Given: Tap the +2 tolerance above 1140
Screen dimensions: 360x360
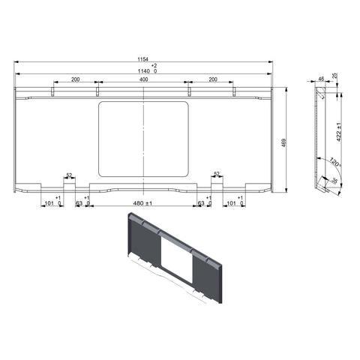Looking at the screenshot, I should pyautogui.click(x=154, y=66).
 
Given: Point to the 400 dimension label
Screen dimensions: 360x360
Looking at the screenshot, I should pyautogui.click(x=143, y=79).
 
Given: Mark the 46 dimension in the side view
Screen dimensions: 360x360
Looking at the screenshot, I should pyautogui.click(x=321, y=78).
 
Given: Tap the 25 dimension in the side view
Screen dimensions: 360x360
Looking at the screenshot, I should pyautogui.click(x=334, y=76).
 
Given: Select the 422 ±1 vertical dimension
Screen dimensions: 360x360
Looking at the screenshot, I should pyautogui.click(x=339, y=131).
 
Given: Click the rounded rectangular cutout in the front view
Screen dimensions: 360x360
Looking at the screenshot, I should pyautogui.click(x=143, y=139).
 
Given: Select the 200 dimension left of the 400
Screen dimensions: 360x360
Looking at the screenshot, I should pyautogui.click(x=76, y=79).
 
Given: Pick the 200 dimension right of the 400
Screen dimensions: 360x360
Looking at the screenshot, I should pyautogui.click(x=213, y=79).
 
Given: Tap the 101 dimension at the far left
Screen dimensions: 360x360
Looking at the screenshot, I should pyautogui.click(x=49, y=203).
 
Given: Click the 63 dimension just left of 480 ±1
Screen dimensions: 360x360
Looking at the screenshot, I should pyautogui.click(x=79, y=203).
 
